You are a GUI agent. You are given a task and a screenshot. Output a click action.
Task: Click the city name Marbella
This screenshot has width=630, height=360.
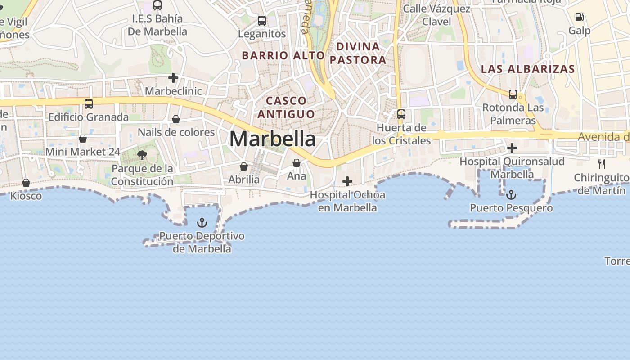(x=272, y=139)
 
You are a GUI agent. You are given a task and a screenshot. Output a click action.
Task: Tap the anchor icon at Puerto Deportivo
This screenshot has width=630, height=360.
(x=202, y=223)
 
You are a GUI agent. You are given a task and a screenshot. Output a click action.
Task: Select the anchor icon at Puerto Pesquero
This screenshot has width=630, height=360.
(x=511, y=195)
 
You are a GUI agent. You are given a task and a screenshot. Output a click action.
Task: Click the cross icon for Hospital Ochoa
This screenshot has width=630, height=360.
(x=347, y=181)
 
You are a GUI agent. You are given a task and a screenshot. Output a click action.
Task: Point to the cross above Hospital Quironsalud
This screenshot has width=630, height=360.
(x=512, y=148)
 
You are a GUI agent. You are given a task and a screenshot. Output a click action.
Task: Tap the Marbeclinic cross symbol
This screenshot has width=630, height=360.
(x=173, y=78)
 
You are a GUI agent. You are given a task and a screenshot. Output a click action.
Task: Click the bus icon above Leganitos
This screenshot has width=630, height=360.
(x=262, y=21)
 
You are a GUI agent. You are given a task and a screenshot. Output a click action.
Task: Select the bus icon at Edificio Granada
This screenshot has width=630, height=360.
(x=89, y=104)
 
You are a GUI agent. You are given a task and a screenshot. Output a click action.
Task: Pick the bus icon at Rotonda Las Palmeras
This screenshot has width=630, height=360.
(x=513, y=94)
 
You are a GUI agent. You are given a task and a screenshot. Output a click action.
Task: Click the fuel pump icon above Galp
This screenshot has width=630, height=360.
(x=580, y=18)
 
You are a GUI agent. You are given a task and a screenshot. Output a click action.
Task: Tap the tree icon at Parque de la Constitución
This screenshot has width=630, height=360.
(x=143, y=156)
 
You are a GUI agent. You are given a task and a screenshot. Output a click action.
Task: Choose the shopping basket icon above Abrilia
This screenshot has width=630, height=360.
(x=244, y=166)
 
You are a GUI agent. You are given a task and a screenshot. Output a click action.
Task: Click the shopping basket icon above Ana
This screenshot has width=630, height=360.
(x=297, y=163)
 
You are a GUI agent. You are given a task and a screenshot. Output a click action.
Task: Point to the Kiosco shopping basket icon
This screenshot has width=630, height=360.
(x=26, y=183)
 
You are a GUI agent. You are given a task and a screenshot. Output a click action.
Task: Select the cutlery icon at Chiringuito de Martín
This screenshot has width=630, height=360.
(x=602, y=164)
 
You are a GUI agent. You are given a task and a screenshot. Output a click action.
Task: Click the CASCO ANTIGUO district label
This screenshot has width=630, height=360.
(x=286, y=107)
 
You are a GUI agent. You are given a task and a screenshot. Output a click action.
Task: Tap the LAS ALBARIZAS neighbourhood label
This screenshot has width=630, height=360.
(x=528, y=69)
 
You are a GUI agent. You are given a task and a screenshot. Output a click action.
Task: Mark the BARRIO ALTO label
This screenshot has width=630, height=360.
(x=283, y=55)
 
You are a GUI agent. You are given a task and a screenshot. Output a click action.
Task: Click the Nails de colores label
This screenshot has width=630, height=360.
(x=176, y=132)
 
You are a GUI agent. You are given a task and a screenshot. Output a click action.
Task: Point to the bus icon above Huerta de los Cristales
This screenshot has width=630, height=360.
(x=401, y=114)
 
